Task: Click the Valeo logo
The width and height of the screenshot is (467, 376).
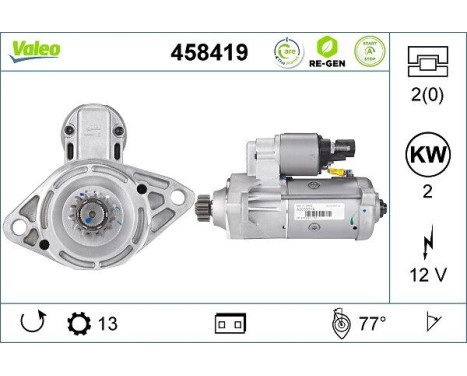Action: click(36, 49)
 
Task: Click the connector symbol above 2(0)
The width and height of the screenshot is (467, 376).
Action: click(428, 62)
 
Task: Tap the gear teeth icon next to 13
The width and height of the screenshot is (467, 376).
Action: click(76, 323)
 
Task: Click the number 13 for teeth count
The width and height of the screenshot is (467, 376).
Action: click(106, 323)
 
